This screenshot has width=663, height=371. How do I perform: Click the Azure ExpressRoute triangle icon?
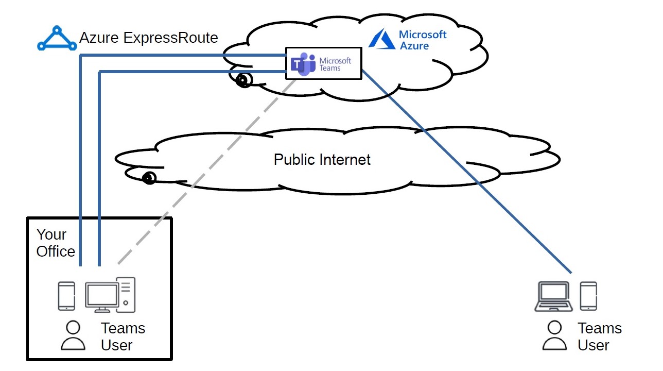(x=57, y=39)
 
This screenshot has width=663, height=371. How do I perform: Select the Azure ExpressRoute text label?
(x=148, y=38)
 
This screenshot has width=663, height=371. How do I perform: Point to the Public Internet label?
(x=322, y=159)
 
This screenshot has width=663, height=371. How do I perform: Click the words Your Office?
(x=55, y=243)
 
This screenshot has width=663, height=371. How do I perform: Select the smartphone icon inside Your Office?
(x=66, y=296)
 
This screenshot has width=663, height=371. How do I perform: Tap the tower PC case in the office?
(x=126, y=294)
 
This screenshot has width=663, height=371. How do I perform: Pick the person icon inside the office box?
(x=74, y=335)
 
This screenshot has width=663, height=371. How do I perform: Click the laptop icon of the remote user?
(x=553, y=296)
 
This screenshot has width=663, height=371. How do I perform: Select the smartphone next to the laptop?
(x=588, y=296)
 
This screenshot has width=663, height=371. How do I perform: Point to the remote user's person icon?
(x=554, y=335)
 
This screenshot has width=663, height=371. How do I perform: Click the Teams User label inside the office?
(x=123, y=336)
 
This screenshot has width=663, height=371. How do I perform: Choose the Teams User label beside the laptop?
(x=599, y=336)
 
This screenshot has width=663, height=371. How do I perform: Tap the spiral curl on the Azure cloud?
(x=243, y=80)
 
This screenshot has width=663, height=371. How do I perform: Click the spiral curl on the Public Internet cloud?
(x=149, y=178)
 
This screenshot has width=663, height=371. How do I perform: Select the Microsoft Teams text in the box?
(x=335, y=64)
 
